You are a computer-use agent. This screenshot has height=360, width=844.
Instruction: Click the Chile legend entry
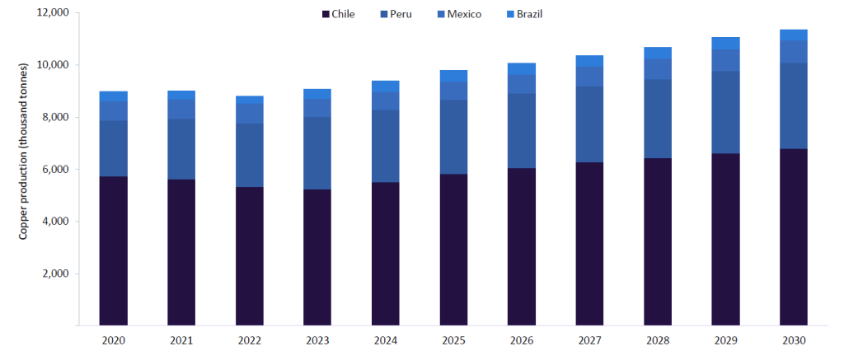[x=337, y=14]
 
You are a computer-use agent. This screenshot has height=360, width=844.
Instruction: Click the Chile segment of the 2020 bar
[x=114, y=251]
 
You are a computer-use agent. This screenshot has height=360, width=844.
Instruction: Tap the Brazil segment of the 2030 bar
[x=794, y=35]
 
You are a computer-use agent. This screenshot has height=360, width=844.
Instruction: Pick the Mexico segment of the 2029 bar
[x=725, y=60]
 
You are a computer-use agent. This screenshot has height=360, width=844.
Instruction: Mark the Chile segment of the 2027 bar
[x=589, y=244]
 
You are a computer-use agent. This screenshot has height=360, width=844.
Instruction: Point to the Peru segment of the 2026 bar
[x=522, y=131]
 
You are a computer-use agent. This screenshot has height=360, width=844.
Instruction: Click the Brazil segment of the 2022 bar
[x=250, y=100]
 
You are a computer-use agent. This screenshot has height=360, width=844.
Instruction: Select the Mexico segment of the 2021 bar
[x=181, y=109]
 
